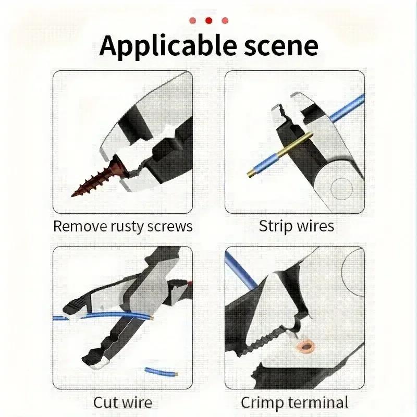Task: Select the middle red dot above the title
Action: point(208,20)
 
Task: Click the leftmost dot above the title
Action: point(192,20)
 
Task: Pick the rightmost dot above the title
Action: point(225,20)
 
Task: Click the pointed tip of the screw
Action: point(73,194)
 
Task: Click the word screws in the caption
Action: point(171,226)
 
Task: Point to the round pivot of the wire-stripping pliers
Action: point(340,186)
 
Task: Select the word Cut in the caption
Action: point(106,402)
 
